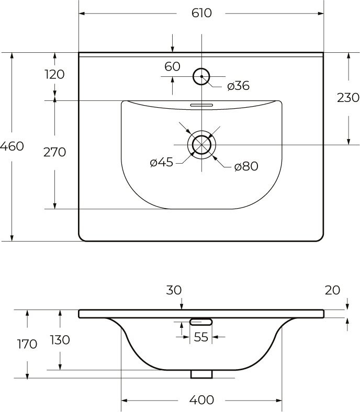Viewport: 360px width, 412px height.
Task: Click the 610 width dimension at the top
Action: pos(201,13)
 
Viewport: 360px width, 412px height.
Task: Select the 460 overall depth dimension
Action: pos(12,146)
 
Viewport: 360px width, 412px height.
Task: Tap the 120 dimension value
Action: pos(54,74)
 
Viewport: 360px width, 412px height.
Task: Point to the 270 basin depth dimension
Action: pos(54,152)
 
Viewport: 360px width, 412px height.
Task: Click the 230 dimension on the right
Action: pos(348,97)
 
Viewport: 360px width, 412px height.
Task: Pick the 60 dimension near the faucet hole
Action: pos(172,66)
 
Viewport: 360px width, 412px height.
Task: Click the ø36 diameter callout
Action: pos(238,86)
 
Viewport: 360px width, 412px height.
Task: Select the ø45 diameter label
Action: pos(161,163)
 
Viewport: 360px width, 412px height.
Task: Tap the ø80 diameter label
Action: pos(246,166)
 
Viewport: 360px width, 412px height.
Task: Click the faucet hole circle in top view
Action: pos(201,77)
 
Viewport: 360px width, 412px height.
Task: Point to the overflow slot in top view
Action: pos(201,104)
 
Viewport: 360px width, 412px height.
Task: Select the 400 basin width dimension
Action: pos(201,400)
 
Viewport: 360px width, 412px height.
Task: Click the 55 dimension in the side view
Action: pos(201,337)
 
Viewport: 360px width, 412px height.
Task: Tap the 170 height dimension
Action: pos(27,344)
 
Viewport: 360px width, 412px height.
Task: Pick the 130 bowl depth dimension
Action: pos(60,340)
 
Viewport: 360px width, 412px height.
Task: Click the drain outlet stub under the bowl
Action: pos(201,374)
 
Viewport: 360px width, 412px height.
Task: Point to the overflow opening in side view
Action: pos(201,321)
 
